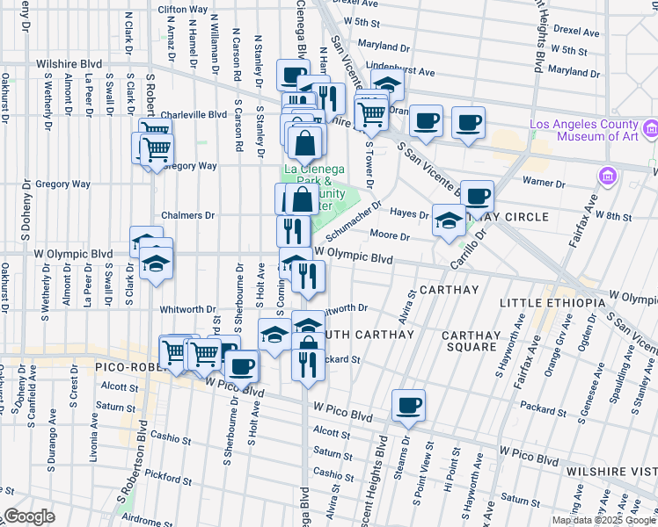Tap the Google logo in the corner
pyautogui.click(x=30, y=516)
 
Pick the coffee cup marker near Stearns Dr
pyautogui.click(x=408, y=406)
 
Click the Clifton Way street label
pyautogui.click(x=182, y=9)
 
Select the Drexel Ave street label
pyautogui.click(x=576, y=32)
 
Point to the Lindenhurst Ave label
pyautogui.click(x=400, y=70)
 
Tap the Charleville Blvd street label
pyautogui.click(x=194, y=114)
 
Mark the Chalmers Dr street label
pyautogui.click(x=187, y=215)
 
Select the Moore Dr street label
pyautogui.click(x=391, y=236)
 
